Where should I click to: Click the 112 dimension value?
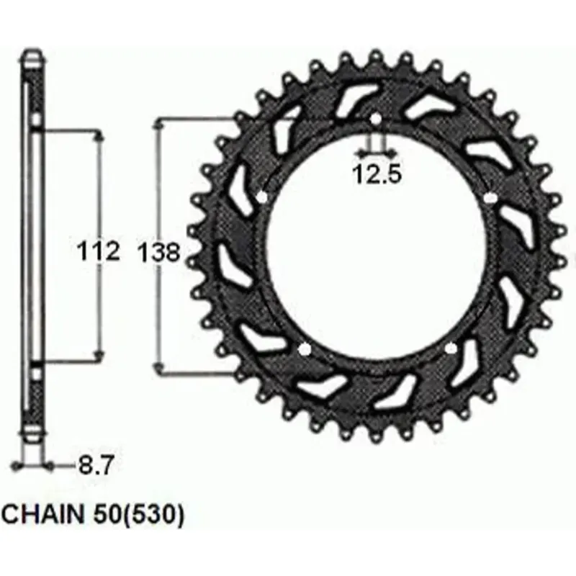(99, 251)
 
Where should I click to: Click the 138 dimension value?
(159, 253)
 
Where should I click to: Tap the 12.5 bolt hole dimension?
(377, 174)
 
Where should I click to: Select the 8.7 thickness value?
(95, 465)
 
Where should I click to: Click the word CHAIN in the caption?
(43, 514)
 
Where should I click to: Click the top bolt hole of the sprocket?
(375, 119)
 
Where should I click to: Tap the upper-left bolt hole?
(262, 197)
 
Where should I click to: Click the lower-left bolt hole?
(304, 349)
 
